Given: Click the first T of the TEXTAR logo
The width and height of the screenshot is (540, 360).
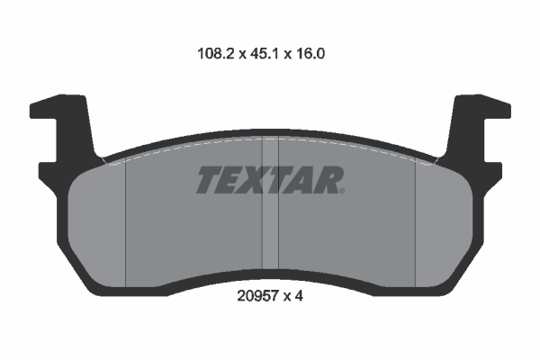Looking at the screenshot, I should click(209, 181).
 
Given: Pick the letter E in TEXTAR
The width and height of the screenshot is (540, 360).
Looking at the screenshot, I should click(232, 181).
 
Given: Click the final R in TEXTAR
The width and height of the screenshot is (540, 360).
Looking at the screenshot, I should click(327, 181).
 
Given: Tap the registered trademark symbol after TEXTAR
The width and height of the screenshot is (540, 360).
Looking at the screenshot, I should click(342, 191).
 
